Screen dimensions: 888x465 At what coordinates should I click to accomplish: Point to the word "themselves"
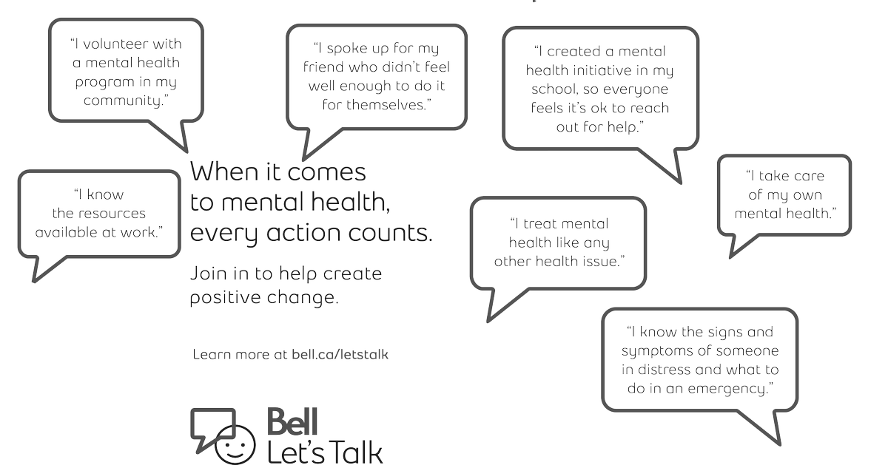point(391,106)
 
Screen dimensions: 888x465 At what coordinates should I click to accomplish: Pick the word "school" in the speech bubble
point(556,89)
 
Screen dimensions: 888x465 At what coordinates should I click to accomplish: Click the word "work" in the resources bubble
point(141,232)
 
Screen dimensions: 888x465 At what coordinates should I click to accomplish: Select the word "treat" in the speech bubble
point(539,223)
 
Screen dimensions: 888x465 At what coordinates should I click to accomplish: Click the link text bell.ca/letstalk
point(340,354)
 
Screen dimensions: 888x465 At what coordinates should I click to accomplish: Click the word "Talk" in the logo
point(351,450)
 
